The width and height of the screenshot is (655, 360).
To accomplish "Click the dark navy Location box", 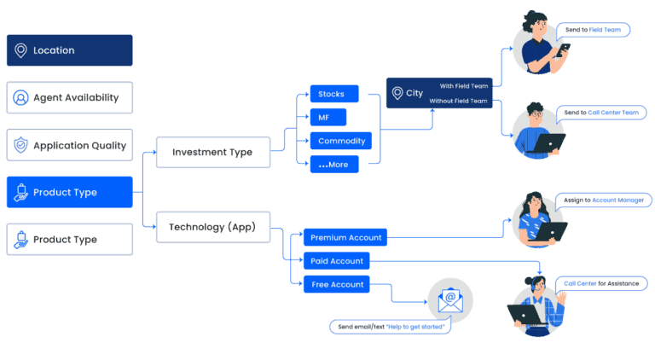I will pos(70,50).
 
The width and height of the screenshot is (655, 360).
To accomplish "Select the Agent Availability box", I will pos(70,97).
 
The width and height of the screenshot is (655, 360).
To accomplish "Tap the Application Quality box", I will pos(70,145).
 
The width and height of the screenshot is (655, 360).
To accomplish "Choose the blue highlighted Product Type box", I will pos(70,192).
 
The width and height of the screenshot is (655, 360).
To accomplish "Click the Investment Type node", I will pos(212,152).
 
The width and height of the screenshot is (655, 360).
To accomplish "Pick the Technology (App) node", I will pos(212,227).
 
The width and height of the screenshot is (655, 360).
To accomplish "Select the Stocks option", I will pos(334,94).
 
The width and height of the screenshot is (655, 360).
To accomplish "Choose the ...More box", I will pos(333,165).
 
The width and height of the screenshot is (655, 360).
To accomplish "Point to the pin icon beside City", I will pos(397,93).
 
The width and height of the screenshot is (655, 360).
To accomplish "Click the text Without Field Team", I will pos(458,102).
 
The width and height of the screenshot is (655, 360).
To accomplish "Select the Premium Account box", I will pos(345,237).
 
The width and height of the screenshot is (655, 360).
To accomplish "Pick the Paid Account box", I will pos(337,261).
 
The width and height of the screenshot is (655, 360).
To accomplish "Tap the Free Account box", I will pos(337,284).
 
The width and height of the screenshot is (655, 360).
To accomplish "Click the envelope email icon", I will pos(449,300).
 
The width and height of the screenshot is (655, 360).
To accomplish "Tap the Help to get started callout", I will pos(390,327).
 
